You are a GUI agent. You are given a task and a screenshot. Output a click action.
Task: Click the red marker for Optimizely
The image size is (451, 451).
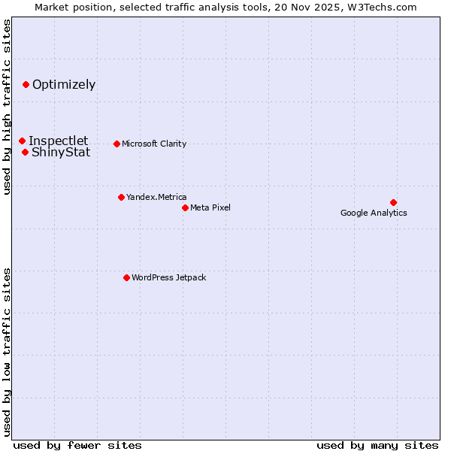(26, 84)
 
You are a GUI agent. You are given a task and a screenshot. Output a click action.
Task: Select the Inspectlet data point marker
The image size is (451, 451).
(22, 141)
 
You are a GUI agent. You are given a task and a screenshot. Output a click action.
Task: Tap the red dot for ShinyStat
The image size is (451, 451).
(25, 152)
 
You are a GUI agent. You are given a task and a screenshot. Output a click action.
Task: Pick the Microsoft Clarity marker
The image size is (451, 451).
(117, 144)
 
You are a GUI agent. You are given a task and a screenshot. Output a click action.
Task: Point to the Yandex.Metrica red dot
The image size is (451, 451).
(121, 197)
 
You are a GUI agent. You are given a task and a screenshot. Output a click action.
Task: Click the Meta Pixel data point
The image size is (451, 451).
(185, 207)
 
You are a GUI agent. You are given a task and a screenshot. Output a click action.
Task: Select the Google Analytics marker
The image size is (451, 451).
(393, 202)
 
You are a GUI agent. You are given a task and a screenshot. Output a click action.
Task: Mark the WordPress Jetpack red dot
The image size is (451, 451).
(126, 277)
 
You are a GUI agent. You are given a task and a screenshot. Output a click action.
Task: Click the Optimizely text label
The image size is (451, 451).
(64, 84)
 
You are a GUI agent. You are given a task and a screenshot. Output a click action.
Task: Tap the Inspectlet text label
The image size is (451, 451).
(58, 141)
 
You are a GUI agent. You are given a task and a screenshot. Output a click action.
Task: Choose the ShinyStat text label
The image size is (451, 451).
(61, 152)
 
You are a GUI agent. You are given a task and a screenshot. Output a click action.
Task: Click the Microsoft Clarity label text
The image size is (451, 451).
(154, 144)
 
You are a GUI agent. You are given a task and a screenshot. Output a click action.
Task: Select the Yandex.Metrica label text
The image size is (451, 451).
(156, 197)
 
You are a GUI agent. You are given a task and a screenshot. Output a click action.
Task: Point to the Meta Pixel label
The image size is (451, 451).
(210, 207)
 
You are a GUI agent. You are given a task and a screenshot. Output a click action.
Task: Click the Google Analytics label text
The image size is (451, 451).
(374, 213)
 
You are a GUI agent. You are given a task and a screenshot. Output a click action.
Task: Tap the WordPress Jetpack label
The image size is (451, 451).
(168, 277)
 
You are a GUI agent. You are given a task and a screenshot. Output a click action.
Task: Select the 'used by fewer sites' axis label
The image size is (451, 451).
(77, 445)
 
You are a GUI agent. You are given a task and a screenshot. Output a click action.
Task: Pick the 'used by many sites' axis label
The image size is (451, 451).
(377, 445)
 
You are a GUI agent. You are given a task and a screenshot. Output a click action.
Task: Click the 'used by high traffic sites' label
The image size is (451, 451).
(7, 107)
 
